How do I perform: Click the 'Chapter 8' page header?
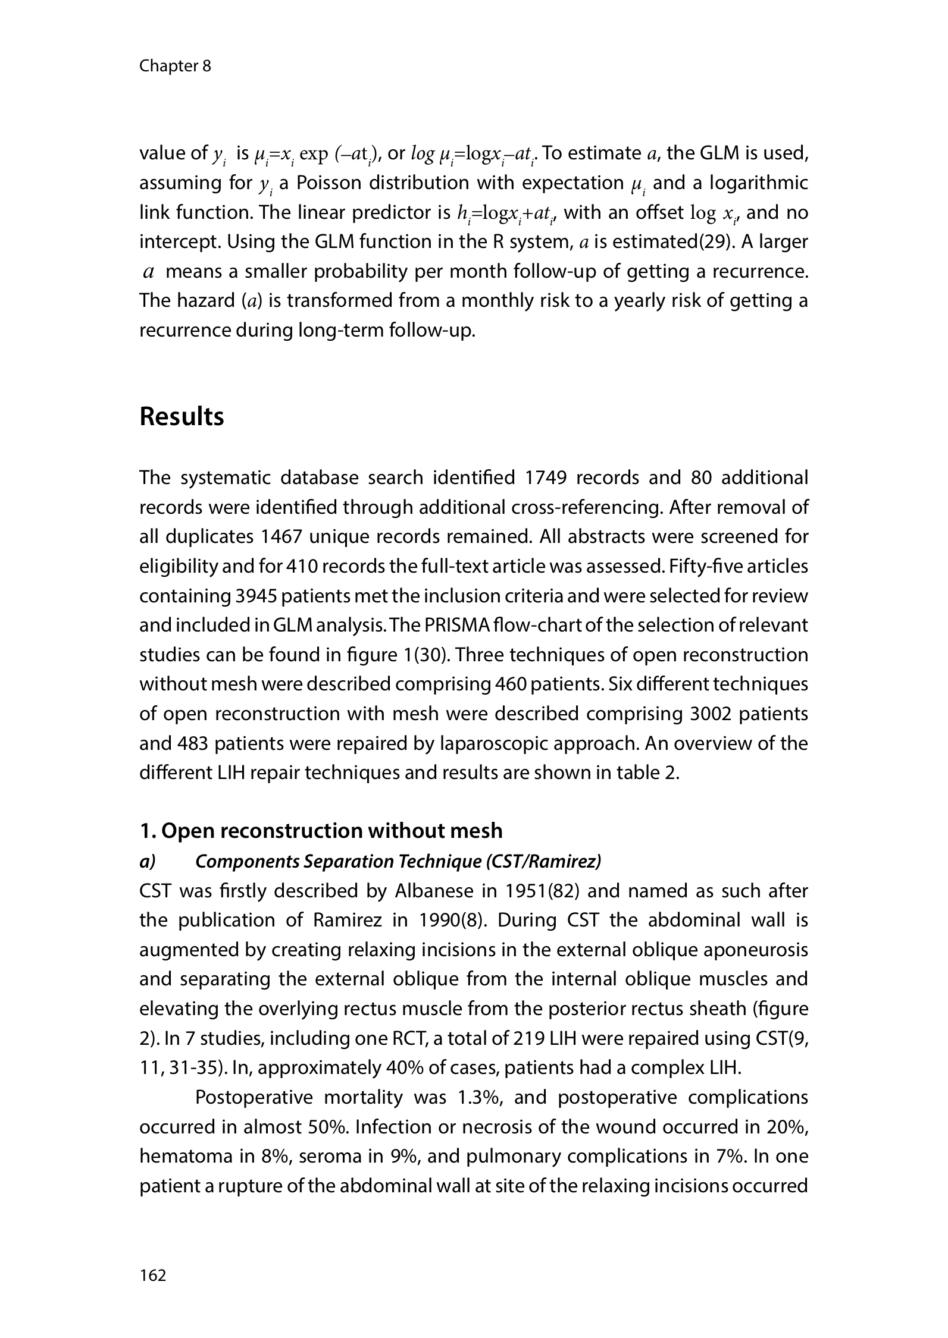point(175,66)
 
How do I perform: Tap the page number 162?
point(153,1275)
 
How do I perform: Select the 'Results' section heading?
point(182,417)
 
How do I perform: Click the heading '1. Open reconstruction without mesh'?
point(321,830)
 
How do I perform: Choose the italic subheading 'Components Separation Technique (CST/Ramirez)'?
point(398,861)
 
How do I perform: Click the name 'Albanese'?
point(425,891)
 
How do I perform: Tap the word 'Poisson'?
point(330,183)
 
